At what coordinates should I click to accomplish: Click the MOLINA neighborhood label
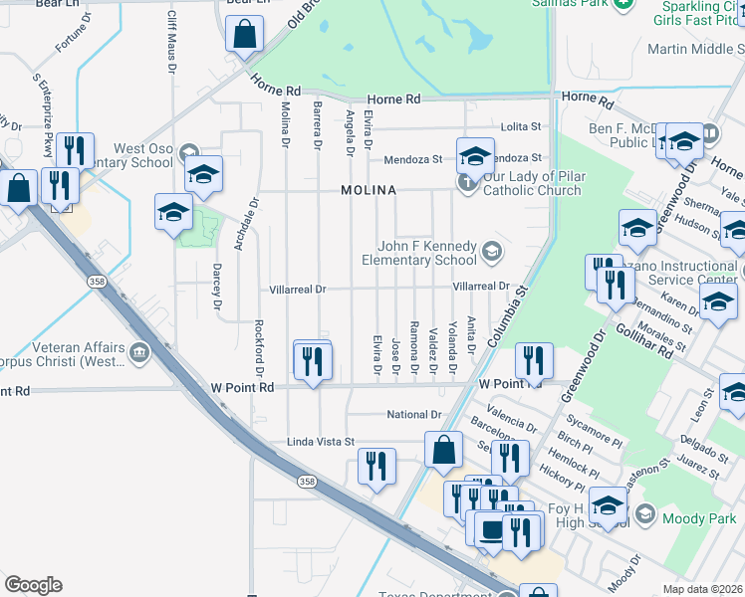pyautogui.click(x=369, y=190)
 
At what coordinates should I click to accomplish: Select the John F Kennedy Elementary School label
pyautogui.click(x=427, y=254)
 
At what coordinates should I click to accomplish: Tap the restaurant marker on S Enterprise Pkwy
pyautogui.click(x=75, y=151)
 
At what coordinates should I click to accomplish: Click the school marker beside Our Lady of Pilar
pyautogui.click(x=476, y=156)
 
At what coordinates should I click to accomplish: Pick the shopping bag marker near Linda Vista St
pyautogui.click(x=443, y=450)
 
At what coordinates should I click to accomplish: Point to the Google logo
pyautogui.click(x=33, y=585)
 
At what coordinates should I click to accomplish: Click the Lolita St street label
pyautogui.click(x=521, y=127)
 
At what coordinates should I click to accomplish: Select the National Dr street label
pyautogui.click(x=414, y=415)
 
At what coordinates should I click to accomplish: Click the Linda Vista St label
pyautogui.click(x=321, y=441)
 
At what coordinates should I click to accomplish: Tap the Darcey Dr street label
pyautogui.click(x=216, y=286)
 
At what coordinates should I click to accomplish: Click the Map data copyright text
pyautogui.click(x=703, y=589)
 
